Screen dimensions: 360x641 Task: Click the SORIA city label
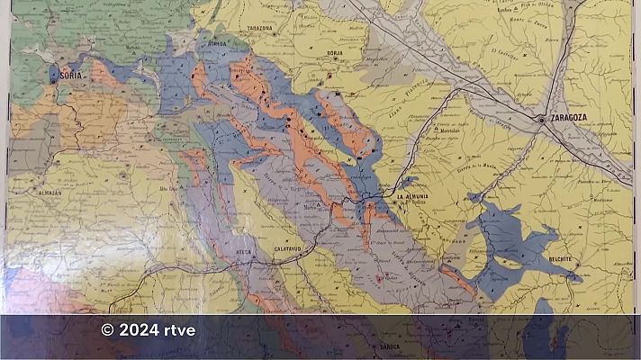(72, 77)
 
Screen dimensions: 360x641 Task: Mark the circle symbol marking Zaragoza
(540, 119)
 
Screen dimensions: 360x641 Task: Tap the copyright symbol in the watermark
(108, 330)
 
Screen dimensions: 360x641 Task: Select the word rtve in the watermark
(178, 330)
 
